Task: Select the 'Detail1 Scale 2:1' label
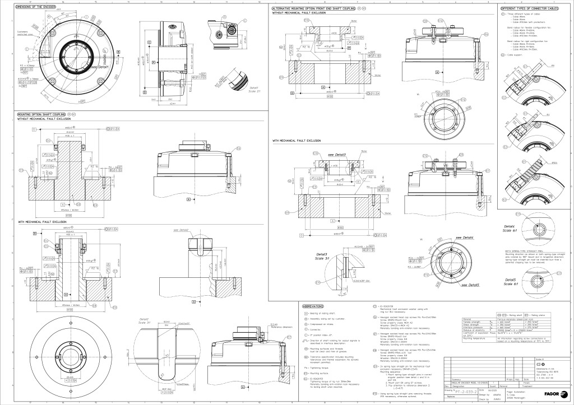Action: (x=254, y=90)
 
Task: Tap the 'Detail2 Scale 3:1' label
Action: (x=145, y=320)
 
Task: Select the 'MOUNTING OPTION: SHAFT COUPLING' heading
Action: (x=42, y=114)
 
